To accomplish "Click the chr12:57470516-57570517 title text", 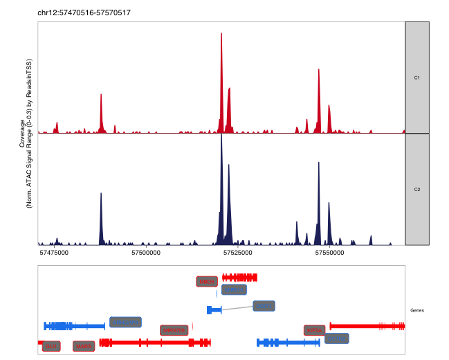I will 84,13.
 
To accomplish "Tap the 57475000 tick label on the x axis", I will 54,253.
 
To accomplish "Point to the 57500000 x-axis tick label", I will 145,253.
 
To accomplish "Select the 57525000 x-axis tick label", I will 237,253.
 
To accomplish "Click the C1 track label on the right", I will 417,78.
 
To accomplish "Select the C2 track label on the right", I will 417,189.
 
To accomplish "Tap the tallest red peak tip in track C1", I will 221,34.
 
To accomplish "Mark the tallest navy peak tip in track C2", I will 221,135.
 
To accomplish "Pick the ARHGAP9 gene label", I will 125,322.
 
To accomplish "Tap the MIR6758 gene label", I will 174,330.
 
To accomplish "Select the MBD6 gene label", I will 207,281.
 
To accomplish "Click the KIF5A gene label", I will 314,330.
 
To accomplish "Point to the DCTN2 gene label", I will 336,339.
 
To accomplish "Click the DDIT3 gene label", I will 264,306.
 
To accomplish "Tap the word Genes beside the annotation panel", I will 418,310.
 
